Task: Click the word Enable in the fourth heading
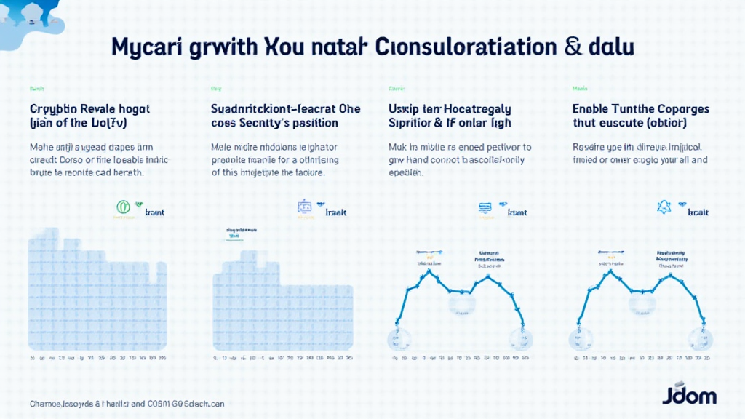click(x=595, y=109)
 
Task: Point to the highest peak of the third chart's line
click(x=431, y=271)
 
